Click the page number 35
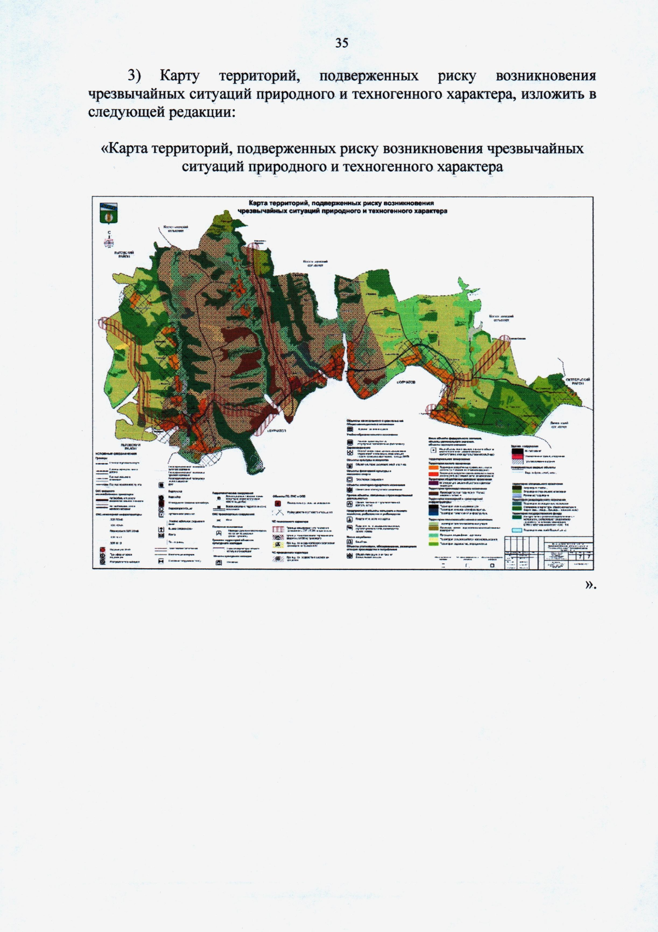[341, 43]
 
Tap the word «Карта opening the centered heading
[124, 149]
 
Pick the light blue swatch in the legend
[518, 530]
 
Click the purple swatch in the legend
[433, 483]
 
